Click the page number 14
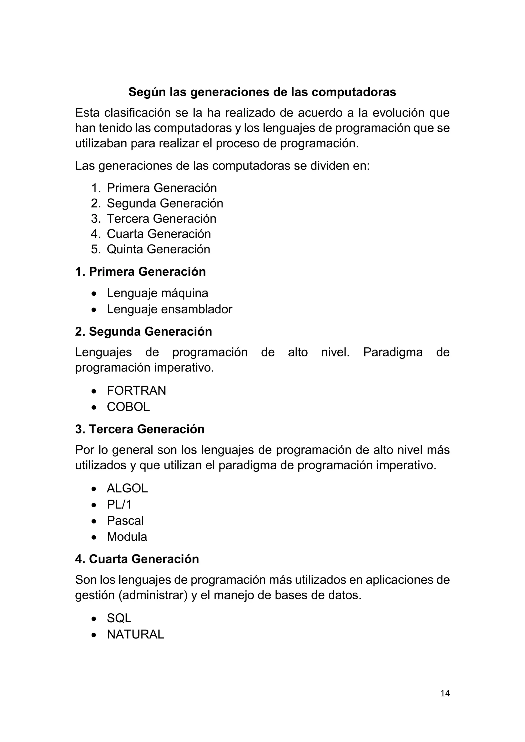coord(445,693)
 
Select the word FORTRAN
coord(136,391)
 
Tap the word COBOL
coord(128,407)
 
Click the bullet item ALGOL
coord(127,488)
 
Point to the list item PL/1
coord(119,504)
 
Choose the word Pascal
coord(125,521)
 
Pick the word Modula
coord(127,537)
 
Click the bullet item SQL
coord(119,618)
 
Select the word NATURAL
coord(135,634)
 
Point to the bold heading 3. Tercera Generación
coord(140,429)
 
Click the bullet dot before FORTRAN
coord(94,391)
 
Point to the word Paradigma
coord(393,352)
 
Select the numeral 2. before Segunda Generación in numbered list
coord(96,203)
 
